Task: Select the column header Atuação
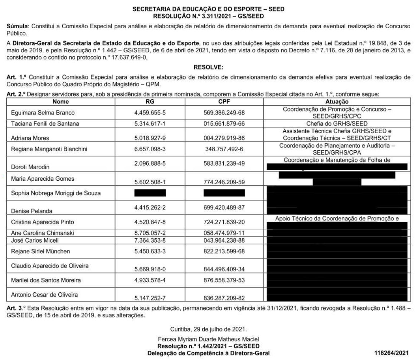(337, 102)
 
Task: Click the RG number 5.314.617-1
(149, 123)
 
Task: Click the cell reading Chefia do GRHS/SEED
(337, 123)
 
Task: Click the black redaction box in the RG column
(150, 193)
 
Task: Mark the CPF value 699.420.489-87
(224, 206)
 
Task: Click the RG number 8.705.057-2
(149, 233)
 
